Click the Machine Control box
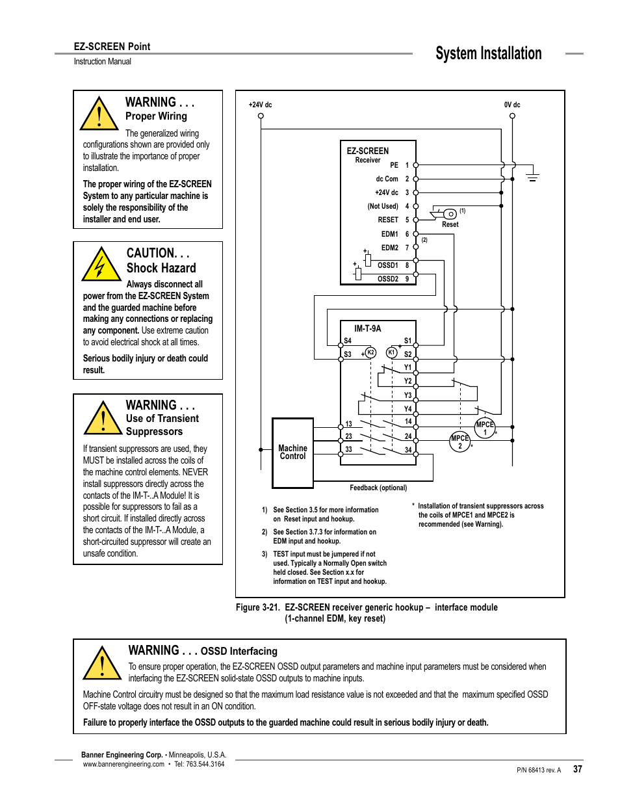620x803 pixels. [x=292, y=453]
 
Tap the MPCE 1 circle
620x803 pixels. [x=485, y=428]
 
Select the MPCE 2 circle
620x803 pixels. [x=459, y=442]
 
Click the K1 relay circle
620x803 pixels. [x=391, y=352]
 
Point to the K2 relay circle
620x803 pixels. [x=370, y=352]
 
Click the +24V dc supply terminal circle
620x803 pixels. [x=261, y=116]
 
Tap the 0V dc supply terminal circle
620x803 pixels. [x=512, y=116]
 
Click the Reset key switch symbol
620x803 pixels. [x=446, y=214]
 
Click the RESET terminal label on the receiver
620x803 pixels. [x=388, y=220]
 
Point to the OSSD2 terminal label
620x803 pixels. [x=388, y=279]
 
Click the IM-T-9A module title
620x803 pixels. [x=367, y=328]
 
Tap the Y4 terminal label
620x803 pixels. [x=407, y=409]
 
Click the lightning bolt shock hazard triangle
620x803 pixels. [x=100, y=265]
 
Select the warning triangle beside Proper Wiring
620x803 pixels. [x=99, y=114]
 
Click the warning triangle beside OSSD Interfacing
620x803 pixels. [x=102, y=663]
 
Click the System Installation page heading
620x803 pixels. [x=488, y=53]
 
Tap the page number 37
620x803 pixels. [x=577, y=769]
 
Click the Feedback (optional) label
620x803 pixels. [x=378, y=488]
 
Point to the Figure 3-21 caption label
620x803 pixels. [x=257, y=607]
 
